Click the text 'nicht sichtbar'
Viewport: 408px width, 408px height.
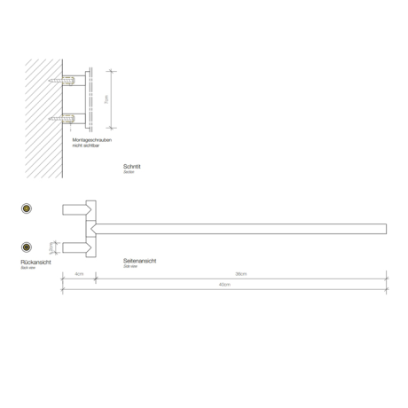point(85,145)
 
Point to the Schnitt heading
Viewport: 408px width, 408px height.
point(134,166)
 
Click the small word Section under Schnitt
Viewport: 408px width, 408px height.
point(129,173)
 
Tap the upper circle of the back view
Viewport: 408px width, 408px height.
point(27,208)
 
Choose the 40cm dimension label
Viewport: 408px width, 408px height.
point(224,284)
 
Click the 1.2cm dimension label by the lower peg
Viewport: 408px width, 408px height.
point(52,247)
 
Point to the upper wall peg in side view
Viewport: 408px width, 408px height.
point(75,210)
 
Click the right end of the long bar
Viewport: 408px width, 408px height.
point(385,229)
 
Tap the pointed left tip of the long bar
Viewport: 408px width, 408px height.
point(93,229)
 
